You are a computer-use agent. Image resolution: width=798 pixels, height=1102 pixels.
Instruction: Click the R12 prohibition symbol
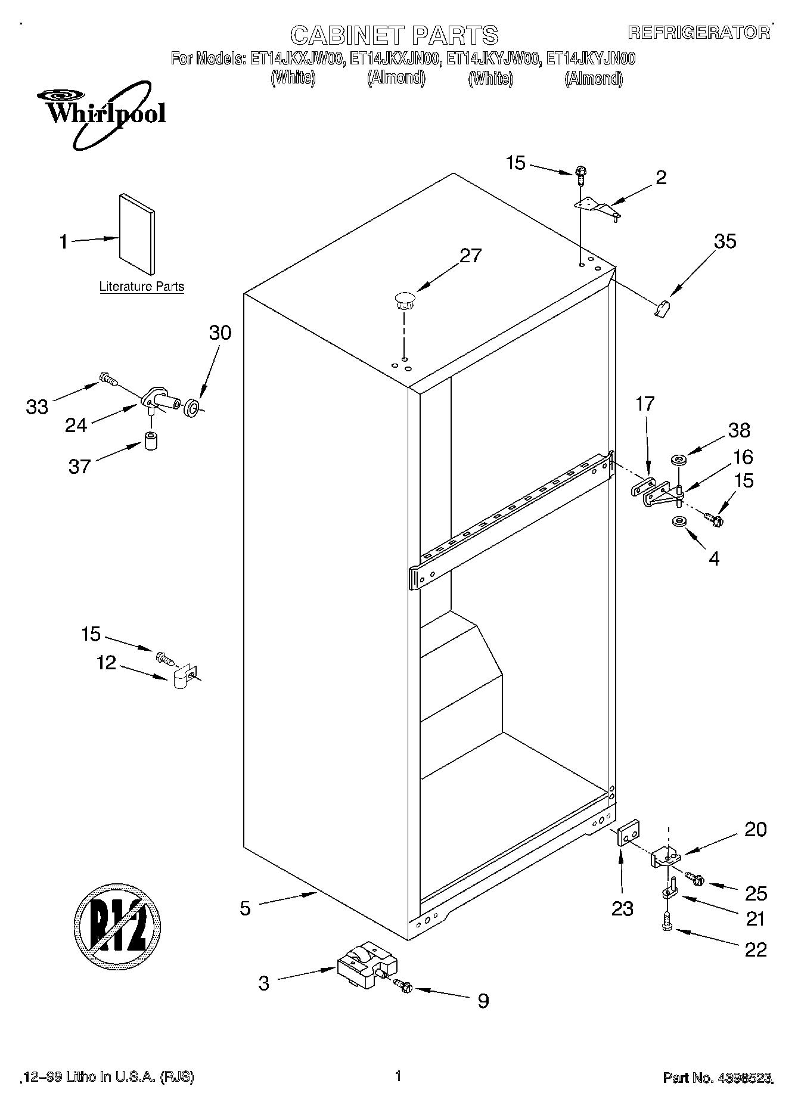[x=117, y=926]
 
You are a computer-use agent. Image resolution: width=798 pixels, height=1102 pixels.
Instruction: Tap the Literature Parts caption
[x=141, y=287]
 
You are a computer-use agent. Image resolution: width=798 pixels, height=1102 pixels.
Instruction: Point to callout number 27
[x=470, y=256]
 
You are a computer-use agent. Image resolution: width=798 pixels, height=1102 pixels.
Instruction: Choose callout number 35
[x=725, y=241]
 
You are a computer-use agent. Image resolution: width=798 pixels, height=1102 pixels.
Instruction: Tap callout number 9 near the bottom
[x=483, y=1001]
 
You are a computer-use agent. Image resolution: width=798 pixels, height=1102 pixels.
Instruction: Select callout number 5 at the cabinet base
[x=246, y=908]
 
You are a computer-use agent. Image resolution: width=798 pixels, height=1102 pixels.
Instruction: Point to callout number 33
[x=37, y=407]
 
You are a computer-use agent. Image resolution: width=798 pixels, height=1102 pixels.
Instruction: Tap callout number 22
[x=756, y=949]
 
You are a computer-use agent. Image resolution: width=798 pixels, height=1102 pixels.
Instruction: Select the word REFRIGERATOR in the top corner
[x=698, y=33]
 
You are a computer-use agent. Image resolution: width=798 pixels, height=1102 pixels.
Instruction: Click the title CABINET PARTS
[x=394, y=35]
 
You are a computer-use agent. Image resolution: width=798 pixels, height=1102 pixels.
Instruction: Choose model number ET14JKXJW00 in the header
[x=296, y=58]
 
